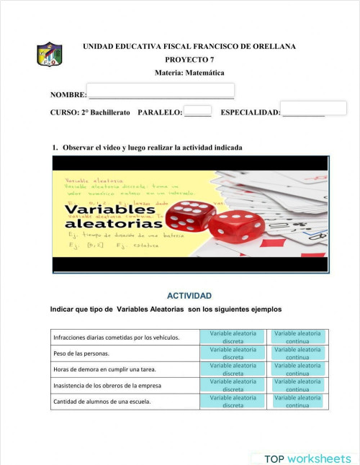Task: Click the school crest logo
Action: click(x=49, y=55)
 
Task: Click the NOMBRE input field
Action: click(x=160, y=91)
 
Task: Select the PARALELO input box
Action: click(x=197, y=110)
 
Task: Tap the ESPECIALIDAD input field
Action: click(x=313, y=108)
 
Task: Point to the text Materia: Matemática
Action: click(x=189, y=73)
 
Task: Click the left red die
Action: click(x=189, y=217)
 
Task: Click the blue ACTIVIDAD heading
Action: click(x=189, y=296)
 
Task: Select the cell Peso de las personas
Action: click(x=81, y=353)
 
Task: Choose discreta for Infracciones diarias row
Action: click(x=233, y=337)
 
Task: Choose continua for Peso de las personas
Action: click(x=297, y=353)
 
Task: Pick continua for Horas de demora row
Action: click(x=297, y=369)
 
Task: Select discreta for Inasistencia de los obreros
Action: click(x=233, y=385)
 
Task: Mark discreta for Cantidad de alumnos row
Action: click(x=233, y=401)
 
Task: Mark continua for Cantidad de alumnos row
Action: click(x=297, y=401)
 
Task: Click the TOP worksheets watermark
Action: click(x=307, y=459)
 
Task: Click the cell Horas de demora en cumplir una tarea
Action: click(x=105, y=369)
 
